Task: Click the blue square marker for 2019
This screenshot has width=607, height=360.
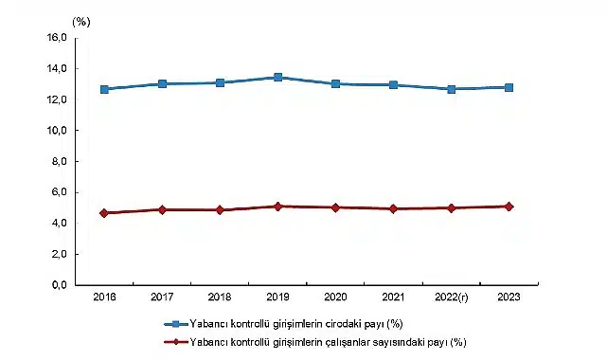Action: pos(277,78)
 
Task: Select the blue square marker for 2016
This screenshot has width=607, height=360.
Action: pos(104,89)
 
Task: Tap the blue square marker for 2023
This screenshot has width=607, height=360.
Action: pos(509,87)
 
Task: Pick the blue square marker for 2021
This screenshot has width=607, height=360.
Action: pos(393,85)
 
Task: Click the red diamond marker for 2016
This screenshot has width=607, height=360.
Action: pos(104,213)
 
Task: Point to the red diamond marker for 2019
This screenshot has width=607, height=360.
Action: pos(277,206)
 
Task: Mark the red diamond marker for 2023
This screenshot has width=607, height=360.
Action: pos(509,206)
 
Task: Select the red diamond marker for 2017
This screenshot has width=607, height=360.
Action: pos(162,209)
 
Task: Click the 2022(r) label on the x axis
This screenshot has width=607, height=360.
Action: pos(451,297)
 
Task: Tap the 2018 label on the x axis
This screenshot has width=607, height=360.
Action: pos(220,297)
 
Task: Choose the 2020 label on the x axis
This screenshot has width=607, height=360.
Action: pos(335,297)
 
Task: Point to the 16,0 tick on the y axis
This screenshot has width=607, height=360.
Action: pos(55,38)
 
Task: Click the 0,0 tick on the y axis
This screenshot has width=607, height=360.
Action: pos(58,285)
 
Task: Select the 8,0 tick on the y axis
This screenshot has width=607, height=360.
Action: pos(58,162)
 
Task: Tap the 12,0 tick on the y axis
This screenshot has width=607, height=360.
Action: pos(55,99)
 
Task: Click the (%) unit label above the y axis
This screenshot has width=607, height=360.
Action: pos(80,20)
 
